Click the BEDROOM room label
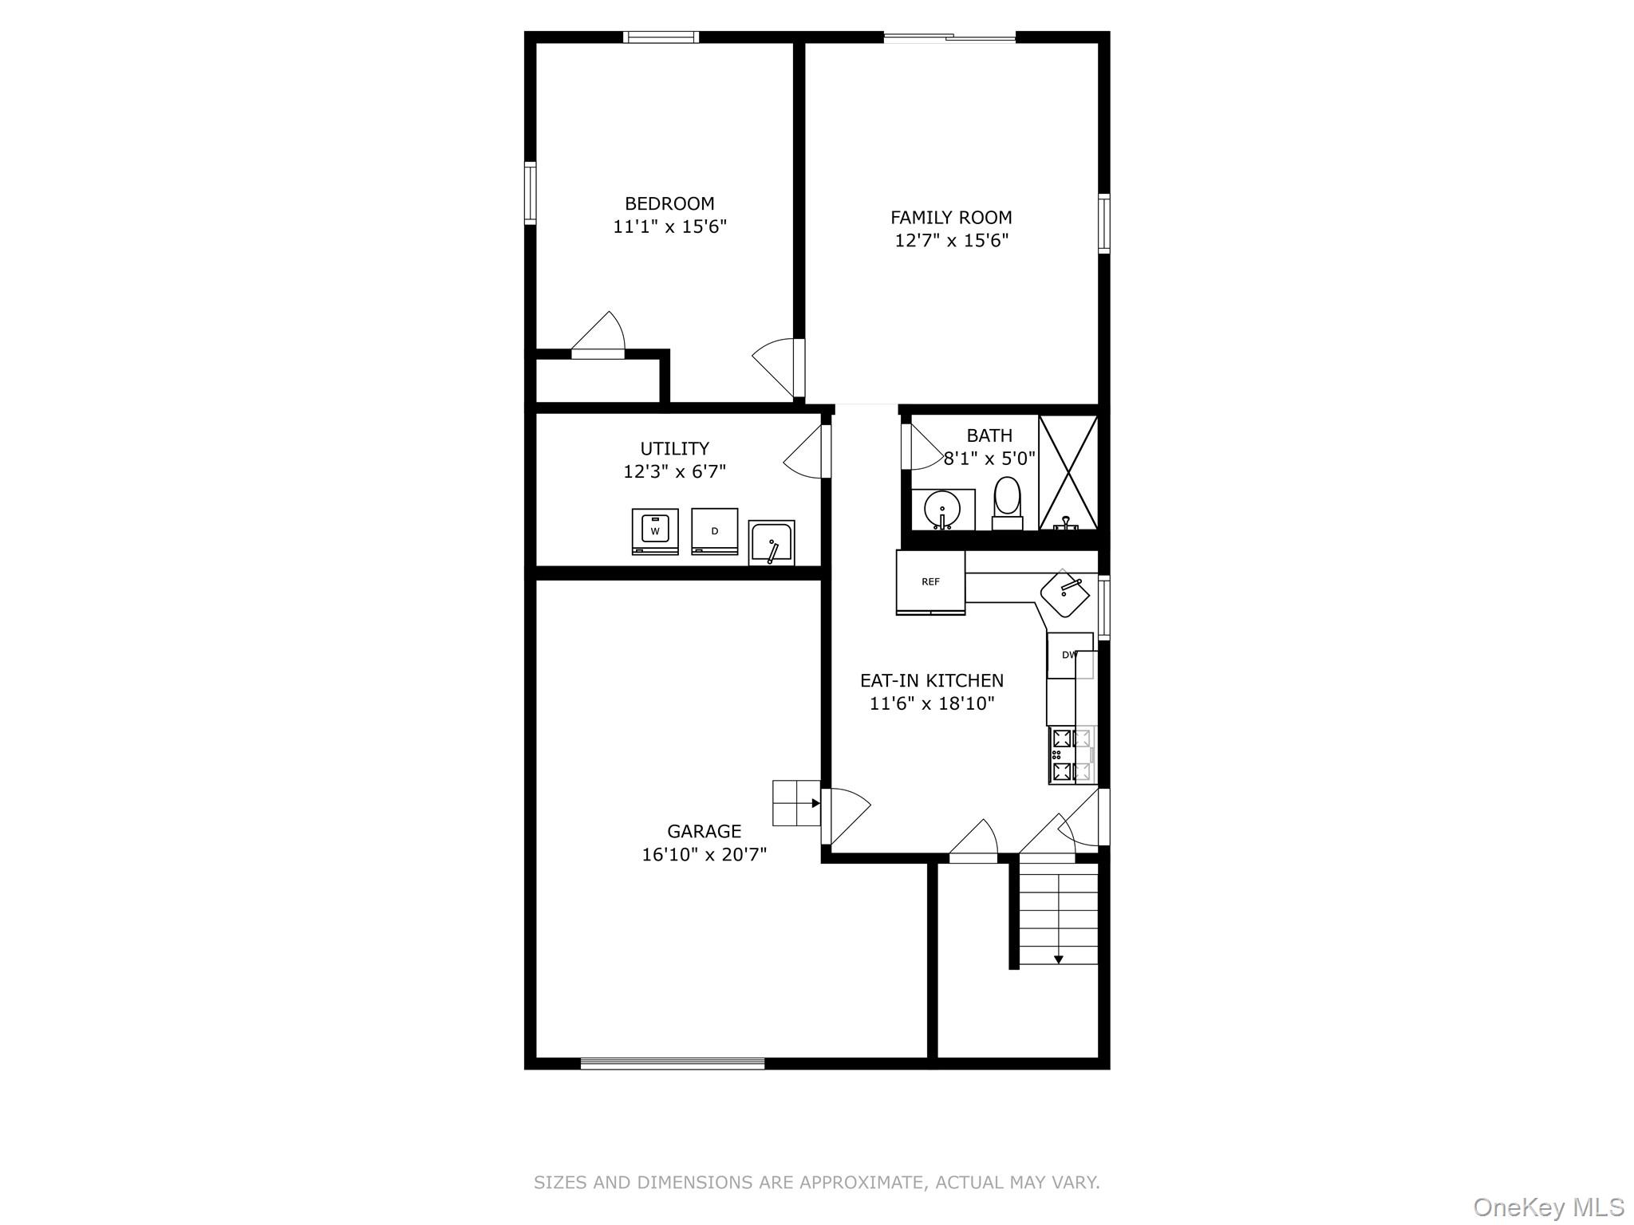(x=669, y=204)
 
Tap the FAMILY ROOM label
(x=951, y=218)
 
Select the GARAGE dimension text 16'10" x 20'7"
(x=704, y=855)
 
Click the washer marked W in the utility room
(x=655, y=530)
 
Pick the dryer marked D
(x=714, y=530)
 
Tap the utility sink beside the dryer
(x=772, y=543)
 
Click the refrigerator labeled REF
(x=930, y=582)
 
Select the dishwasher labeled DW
(x=1069, y=656)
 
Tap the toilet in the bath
(x=1007, y=501)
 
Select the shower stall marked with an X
(x=1068, y=472)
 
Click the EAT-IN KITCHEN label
(x=931, y=681)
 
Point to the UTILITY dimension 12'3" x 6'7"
(x=674, y=472)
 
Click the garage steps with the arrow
(x=796, y=803)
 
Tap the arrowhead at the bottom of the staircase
(x=1058, y=959)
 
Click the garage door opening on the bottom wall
(x=673, y=1063)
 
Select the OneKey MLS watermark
(x=1548, y=1207)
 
